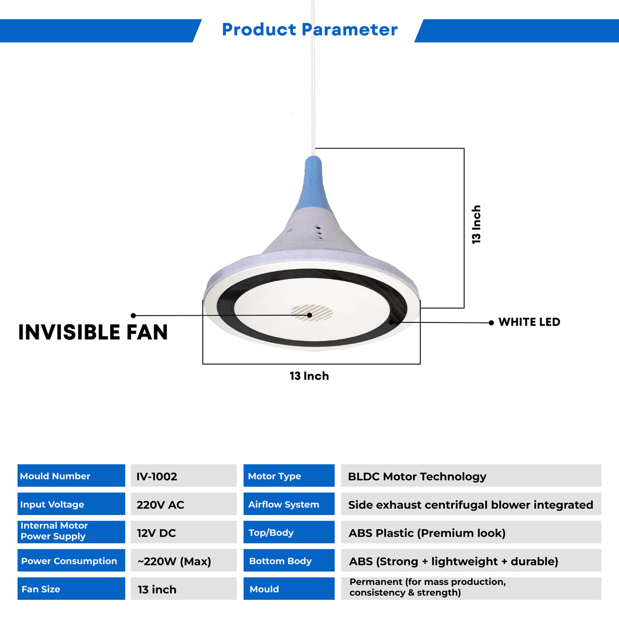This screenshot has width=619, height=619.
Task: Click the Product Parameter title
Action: (x=309, y=30)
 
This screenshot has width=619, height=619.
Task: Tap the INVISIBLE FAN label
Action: (x=93, y=332)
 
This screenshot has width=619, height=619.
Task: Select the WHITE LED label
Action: (x=529, y=322)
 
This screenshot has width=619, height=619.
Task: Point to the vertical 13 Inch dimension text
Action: (x=476, y=224)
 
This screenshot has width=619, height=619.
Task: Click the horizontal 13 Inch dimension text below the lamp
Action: (x=309, y=376)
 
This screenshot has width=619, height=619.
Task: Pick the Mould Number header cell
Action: (x=71, y=476)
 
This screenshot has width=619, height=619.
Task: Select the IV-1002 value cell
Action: (x=183, y=476)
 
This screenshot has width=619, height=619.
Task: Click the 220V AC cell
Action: (x=183, y=504)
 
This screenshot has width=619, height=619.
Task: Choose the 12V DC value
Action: (x=183, y=532)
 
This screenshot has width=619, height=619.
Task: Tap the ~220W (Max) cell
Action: (x=183, y=561)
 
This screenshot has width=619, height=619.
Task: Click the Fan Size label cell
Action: (x=71, y=589)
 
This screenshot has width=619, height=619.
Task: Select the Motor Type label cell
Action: (x=289, y=476)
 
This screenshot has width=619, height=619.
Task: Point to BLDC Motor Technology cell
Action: (x=471, y=476)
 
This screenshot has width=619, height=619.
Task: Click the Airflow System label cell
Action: (x=289, y=504)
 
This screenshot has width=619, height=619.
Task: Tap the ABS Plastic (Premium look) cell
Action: (x=471, y=532)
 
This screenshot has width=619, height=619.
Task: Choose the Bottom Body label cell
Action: (x=289, y=561)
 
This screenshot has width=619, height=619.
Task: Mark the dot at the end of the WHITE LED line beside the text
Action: (x=491, y=323)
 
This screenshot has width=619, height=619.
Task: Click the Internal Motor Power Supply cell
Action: (x=71, y=531)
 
